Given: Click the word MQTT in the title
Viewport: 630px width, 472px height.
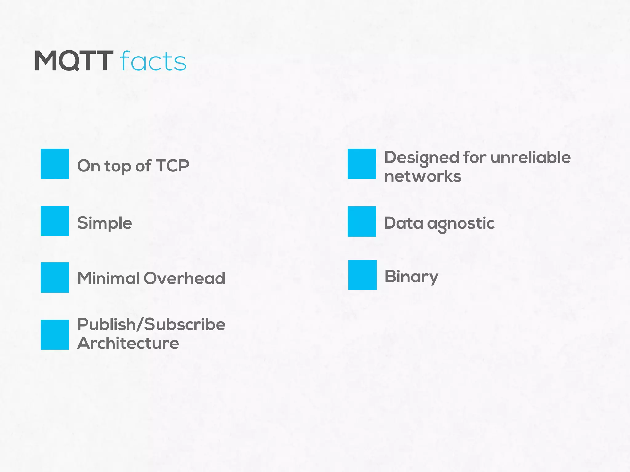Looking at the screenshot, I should (x=74, y=61).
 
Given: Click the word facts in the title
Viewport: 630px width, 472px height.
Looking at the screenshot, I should (x=153, y=61).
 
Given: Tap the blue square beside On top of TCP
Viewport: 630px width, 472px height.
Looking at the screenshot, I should (x=55, y=164).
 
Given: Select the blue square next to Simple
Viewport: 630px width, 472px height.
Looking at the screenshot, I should (x=55, y=221).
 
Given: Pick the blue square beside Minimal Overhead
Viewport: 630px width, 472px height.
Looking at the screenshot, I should (x=55, y=277).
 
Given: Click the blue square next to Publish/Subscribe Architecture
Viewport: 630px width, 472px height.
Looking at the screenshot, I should (x=55, y=335).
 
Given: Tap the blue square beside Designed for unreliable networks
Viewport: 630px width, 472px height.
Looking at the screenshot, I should (x=362, y=164).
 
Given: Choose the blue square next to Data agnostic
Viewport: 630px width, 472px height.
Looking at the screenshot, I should (x=362, y=222).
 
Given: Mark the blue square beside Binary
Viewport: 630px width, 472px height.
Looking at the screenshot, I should (x=362, y=275).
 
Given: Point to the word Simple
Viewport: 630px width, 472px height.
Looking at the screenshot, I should (x=105, y=223).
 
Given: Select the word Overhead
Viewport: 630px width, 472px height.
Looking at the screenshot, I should (x=184, y=278).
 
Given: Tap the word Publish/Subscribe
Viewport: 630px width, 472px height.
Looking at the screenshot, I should (x=151, y=324).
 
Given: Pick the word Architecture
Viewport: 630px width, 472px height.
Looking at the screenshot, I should (x=128, y=343).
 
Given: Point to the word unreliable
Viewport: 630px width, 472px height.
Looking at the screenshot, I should (x=530, y=157).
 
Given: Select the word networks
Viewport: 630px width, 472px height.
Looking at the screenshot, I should (x=423, y=176).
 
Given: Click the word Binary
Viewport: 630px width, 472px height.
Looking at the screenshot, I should (x=411, y=277).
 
